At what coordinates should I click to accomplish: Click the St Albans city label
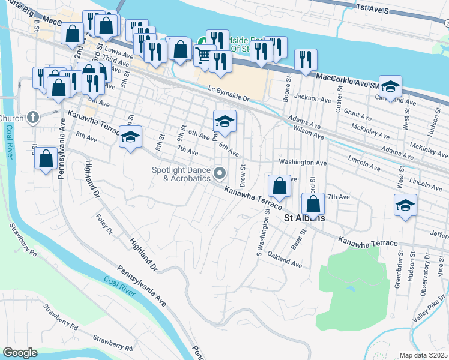(x=304, y=218)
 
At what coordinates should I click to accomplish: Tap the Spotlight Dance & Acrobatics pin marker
(x=220, y=174)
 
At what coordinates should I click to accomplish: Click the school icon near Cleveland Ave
(x=390, y=88)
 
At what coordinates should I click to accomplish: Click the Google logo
(x=20, y=353)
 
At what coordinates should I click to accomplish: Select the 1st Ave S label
(x=373, y=8)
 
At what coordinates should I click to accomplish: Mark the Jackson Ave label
(x=313, y=97)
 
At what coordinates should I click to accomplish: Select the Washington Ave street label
(x=303, y=163)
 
